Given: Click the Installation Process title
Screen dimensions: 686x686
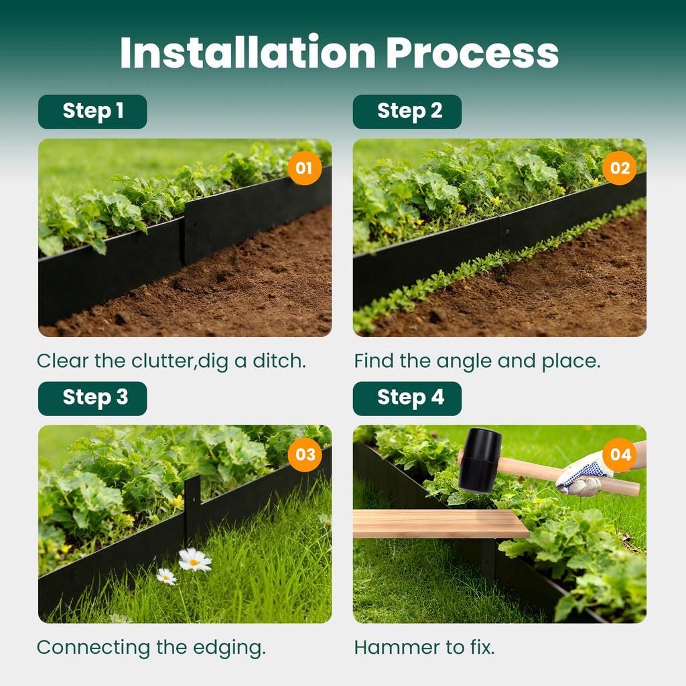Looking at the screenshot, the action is tap(339, 52).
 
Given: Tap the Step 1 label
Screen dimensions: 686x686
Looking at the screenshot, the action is tap(92, 112).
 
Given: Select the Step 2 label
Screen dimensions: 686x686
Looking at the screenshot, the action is tap(407, 112).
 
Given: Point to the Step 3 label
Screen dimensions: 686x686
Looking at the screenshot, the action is tap(92, 398).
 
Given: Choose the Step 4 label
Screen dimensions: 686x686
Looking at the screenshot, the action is tap(407, 398).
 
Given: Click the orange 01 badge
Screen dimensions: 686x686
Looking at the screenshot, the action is tap(305, 168).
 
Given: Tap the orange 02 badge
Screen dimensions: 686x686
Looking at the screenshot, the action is tap(620, 168).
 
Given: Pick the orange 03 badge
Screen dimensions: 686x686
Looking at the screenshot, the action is tap(305, 455).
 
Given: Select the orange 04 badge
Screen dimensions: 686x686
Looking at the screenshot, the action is tap(620, 455).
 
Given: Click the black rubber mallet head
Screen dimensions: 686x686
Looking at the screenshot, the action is tap(480, 460).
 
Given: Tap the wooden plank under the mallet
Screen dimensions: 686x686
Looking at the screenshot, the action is tap(441, 523).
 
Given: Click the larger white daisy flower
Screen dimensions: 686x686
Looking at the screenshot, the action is tap(194, 559).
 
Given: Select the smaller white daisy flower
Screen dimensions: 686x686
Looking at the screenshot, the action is tap(167, 577).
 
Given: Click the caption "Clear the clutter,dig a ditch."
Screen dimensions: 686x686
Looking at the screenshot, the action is tap(171, 361).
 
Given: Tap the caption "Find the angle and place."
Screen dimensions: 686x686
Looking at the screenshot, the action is tap(477, 361).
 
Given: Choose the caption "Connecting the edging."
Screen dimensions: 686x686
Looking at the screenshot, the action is tap(151, 648).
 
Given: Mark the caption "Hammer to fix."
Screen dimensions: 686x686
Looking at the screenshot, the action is tap(424, 648).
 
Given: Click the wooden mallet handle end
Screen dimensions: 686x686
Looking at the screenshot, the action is tap(635, 488).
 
